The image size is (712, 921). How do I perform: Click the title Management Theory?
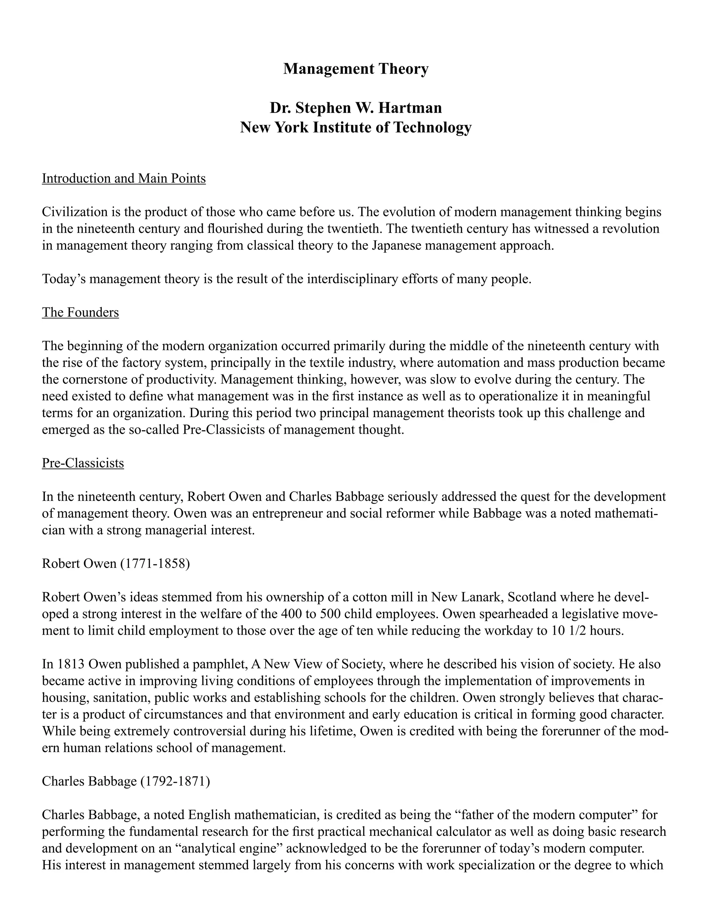pos(356,69)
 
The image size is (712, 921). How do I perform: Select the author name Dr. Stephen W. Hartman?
pos(356,108)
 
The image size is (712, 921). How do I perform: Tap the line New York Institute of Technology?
pos(356,127)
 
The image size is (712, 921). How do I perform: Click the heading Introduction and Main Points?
pos(123,178)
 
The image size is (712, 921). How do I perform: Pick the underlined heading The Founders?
pos(80,312)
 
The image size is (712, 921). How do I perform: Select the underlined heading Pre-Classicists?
pos(83,463)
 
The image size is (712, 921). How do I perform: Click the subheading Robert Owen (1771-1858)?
pos(116,564)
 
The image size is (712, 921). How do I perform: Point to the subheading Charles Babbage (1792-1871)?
pos(126,781)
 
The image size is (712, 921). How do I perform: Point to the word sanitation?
pos(119,698)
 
